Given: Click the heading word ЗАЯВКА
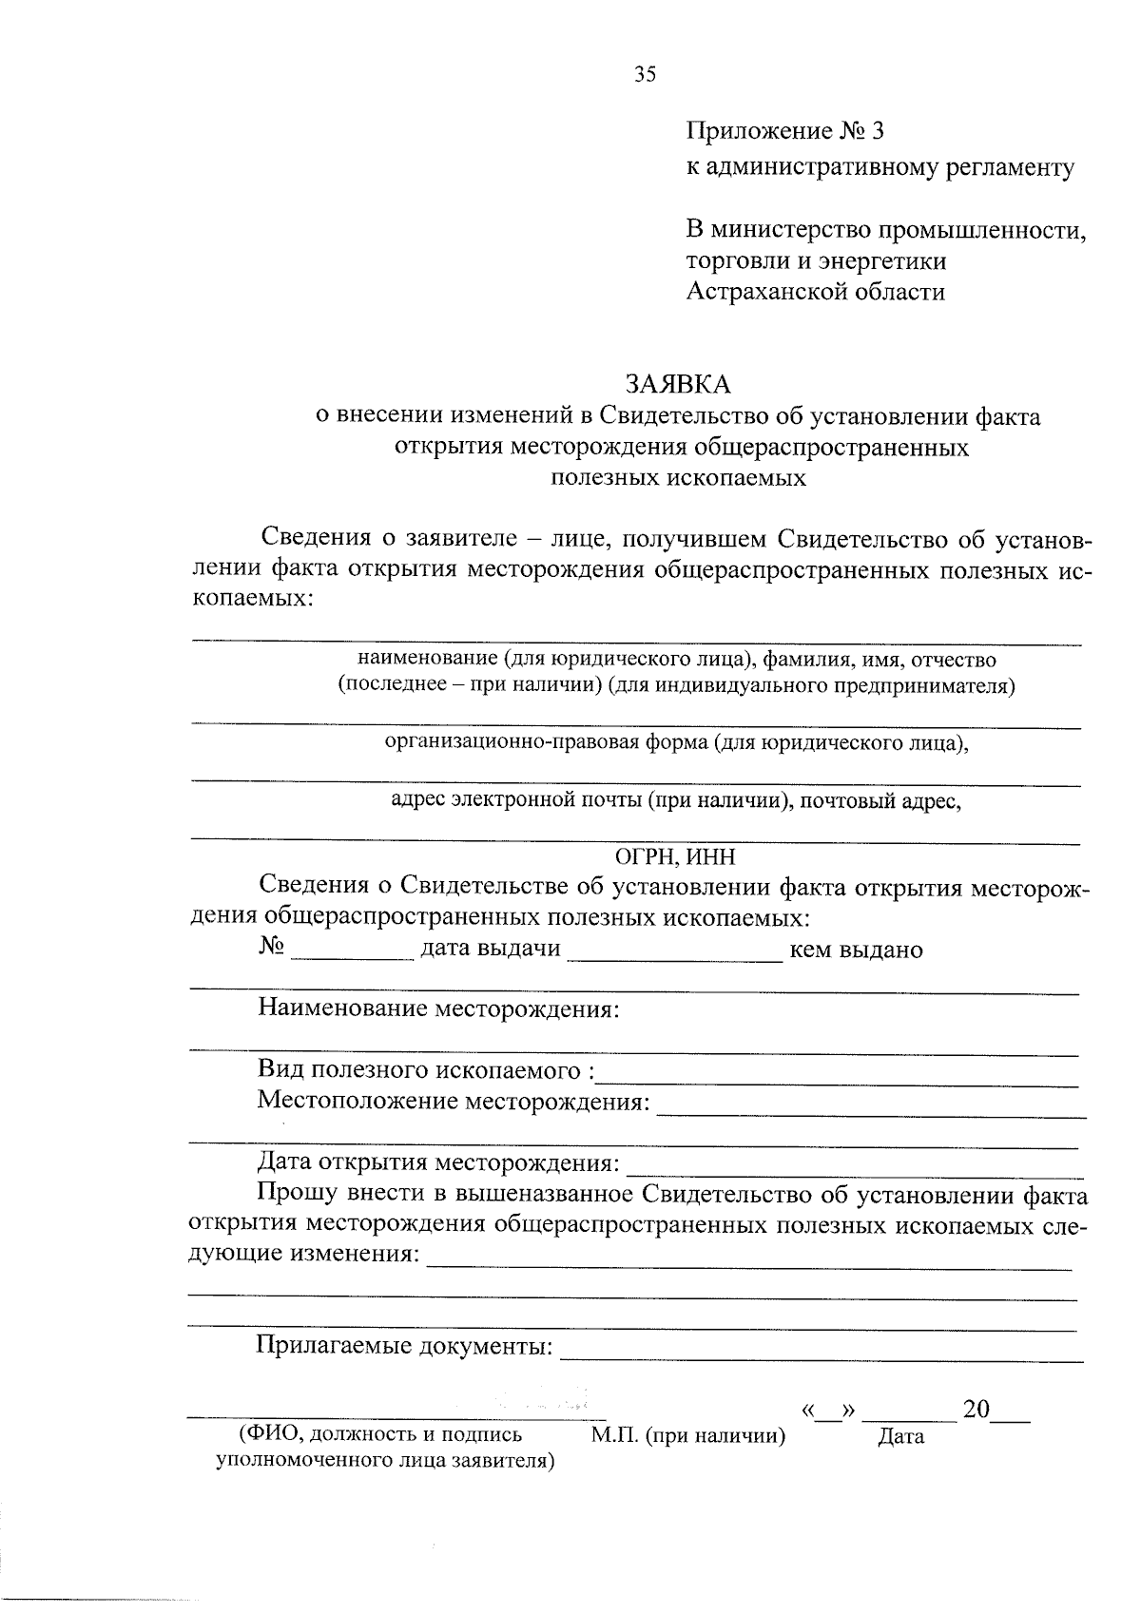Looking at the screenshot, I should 678,383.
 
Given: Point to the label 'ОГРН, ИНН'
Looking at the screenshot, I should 675,856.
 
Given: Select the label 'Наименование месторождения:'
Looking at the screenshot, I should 438,1008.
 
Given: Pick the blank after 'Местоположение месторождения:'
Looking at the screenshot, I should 870,1108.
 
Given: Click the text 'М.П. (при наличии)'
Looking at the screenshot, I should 688,1435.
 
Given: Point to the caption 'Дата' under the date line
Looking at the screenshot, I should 900,1436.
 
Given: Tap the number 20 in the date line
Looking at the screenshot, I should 977,1409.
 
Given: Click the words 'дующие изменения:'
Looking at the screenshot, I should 304,1253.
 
